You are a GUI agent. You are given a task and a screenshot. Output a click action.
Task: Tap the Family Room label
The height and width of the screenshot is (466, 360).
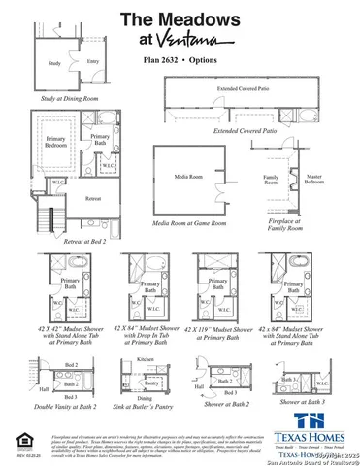coord(271,179)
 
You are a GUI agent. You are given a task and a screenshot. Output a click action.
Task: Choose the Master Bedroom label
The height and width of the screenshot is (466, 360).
coord(313,179)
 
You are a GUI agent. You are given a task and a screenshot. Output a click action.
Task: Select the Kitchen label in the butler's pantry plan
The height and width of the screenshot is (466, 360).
coord(145,358)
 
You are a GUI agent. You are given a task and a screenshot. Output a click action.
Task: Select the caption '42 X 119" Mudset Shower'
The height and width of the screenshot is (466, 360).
coord(220,332)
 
